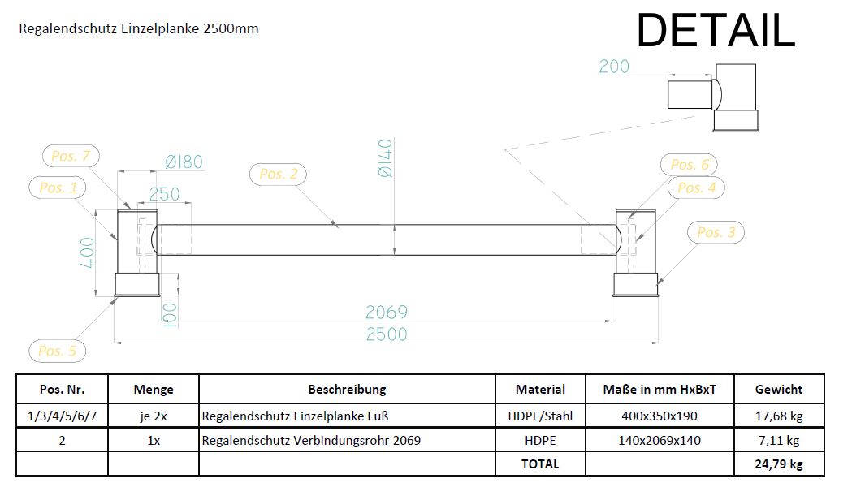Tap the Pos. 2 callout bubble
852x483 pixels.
click(x=279, y=174)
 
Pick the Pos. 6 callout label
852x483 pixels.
click(x=690, y=165)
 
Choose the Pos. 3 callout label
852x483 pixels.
click(x=716, y=232)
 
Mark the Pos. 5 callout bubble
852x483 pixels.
click(x=57, y=351)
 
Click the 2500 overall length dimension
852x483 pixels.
click(x=386, y=334)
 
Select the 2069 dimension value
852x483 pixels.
click(x=386, y=312)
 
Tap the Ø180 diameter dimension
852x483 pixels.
click(x=184, y=162)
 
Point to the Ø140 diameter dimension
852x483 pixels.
click(x=384, y=162)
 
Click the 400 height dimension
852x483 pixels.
click(x=89, y=252)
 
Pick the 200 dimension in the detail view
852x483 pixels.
click(x=613, y=67)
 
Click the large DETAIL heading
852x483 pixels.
click(x=715, y=32)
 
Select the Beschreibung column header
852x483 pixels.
click(x=347, y=389)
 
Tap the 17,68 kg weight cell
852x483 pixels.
click(x=778, y=416)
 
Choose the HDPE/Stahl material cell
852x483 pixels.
click(x=540, y=416)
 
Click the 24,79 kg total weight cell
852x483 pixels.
click(x=778, y=464)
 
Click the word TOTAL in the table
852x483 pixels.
click(x=540, y=464)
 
